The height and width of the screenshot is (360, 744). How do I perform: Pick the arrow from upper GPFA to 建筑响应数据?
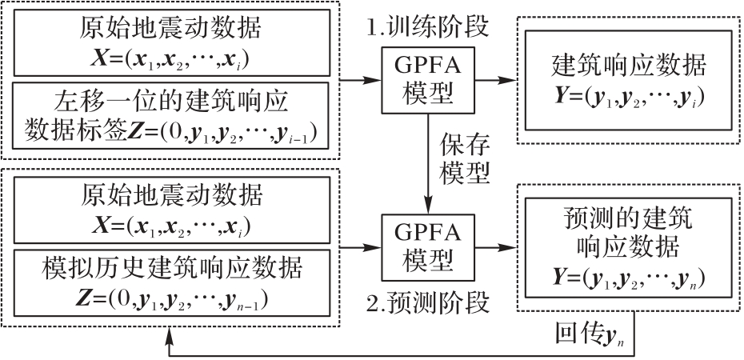(490, 80)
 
